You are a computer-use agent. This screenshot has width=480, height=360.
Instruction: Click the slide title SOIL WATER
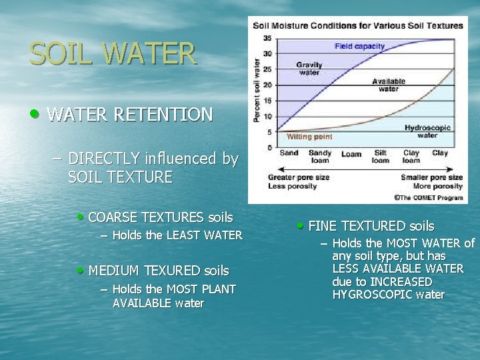click(x=113, y=53)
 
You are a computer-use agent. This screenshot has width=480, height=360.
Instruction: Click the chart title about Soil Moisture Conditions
click(x=357, y=25)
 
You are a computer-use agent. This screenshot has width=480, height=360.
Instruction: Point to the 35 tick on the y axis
click(x=267, y=38)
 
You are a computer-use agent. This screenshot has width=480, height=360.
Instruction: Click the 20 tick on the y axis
click(x=267, y=85)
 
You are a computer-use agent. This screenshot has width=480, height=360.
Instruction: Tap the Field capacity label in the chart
click(x=359, y=46)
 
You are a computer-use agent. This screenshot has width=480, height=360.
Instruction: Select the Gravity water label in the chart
click(x=309, y=69)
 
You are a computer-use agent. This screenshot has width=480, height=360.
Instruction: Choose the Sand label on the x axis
click(x=289, y=153)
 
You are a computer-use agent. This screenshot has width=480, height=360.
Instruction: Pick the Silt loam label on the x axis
click(x=380, y=156)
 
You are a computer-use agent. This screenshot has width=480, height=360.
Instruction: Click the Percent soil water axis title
click(x=257, y=89)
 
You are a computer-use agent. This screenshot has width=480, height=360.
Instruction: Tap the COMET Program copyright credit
click(x=429, y=197)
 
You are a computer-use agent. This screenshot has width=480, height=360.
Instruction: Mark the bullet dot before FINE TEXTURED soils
click(x=301, y=225)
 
